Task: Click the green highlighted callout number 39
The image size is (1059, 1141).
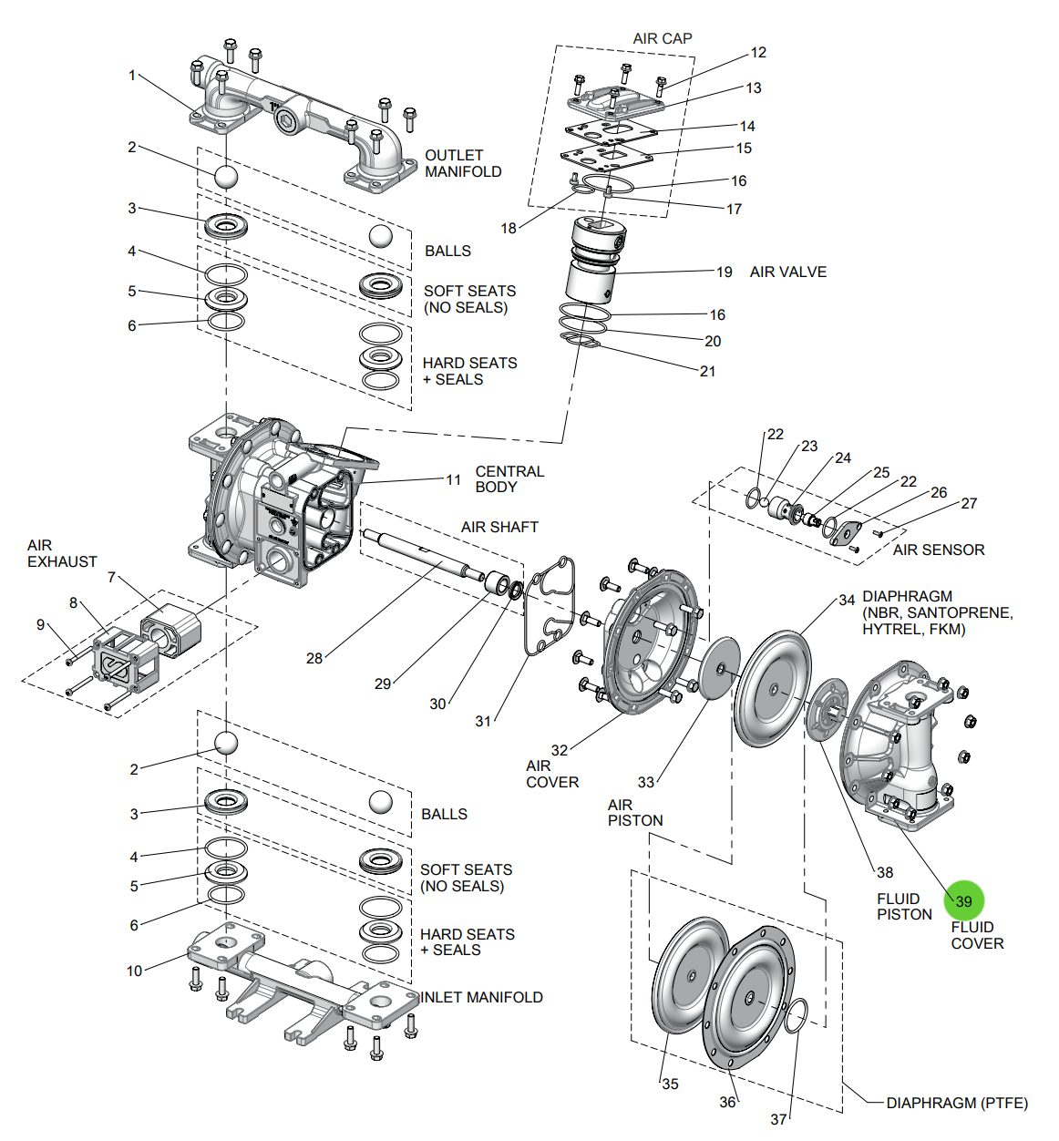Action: [x=963, y=900]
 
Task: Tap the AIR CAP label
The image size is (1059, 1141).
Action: [x=663, y=38]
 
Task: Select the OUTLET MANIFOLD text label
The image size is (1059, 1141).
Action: [x=463, y=163]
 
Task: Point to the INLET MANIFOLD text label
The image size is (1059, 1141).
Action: [x=481, y=997]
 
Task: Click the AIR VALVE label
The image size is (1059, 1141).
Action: [x=787, y=272]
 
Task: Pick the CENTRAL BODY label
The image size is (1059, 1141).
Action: [x=509, y=479]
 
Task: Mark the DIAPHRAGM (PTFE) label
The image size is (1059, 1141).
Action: [x=956, y=1103]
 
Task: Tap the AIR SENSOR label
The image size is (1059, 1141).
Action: [x=939, y=550]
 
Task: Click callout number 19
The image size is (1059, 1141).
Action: [x=724, y=272]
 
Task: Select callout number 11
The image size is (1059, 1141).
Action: [x=453, y=479]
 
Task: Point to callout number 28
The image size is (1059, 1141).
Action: [x=314, y=658]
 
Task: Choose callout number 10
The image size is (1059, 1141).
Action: [x=134, y=971]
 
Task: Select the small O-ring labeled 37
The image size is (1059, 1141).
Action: [x=796, y=1015]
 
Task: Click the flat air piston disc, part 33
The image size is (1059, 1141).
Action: [x=718, y=668]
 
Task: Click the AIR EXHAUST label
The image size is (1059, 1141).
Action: [x=61, y=553]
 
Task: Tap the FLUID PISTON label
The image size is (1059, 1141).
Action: [x=904, y=907]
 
